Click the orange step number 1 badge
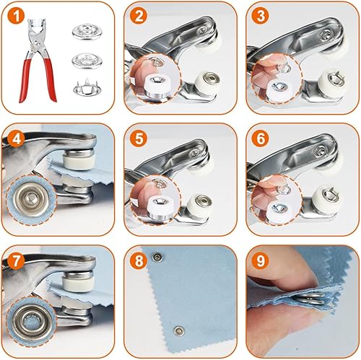click(16, 15)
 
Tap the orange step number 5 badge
click(139, 139)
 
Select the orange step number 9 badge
click(261, 260)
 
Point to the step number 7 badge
click(16, 261)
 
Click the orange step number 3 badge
click(261, 15)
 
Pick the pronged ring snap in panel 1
click(87, 87)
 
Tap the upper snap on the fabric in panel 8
click(158, 258)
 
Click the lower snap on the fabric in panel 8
click(179, 331)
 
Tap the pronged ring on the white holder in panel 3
click(336, 78)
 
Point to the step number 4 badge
click(16, 139)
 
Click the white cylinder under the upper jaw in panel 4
click(79, 162)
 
